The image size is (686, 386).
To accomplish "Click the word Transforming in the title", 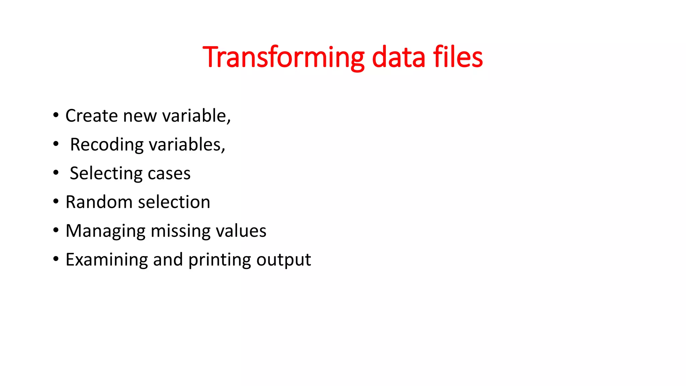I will (283, 57).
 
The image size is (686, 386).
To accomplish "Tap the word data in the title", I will (398, 57).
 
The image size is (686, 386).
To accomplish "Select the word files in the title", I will (458, 57).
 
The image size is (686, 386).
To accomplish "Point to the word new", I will (140, 116).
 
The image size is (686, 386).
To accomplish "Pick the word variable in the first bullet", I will (196, 116).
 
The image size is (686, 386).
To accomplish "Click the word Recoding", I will (107, 145).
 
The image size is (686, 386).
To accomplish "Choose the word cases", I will (169, 174).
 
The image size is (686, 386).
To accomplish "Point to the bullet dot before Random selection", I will (56, 202).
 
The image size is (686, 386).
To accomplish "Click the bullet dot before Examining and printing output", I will (56, 259).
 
